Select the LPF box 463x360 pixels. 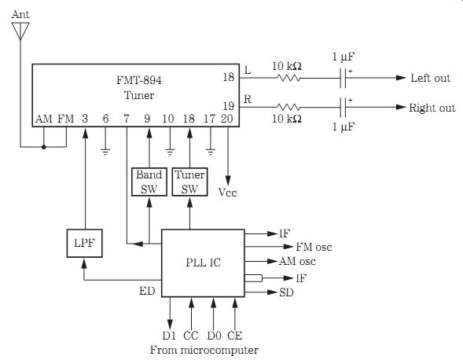tap(84, 243)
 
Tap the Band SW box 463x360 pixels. tap(149, 182)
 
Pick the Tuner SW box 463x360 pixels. tap(189, 182)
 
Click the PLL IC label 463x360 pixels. tap(203, 263)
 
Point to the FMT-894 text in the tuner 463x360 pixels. tap(139, 80)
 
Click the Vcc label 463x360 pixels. tap(227, 193)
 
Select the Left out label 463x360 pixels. tap(431, 78)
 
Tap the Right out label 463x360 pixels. tap(432, 108)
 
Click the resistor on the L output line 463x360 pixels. tap(288, 78)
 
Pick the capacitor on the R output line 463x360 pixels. tap(343, 107)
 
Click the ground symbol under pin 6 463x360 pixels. tap(105, 152)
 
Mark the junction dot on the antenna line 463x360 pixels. tap(44, 147)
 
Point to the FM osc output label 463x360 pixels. tap(314, 247)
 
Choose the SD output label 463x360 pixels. tap(286, 292)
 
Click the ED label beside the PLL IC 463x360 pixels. tap(147, 291)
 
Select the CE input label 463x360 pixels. tap(235, 336)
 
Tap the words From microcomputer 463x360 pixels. tap(204, 350)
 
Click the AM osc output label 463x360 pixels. tap(297, 261)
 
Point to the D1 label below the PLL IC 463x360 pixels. tap(169, 336)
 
